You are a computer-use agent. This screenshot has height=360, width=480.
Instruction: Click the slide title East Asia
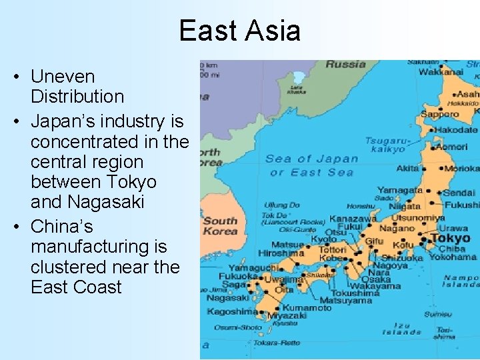pos(239,31)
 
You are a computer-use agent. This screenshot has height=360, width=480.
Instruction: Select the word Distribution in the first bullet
pos(77,97)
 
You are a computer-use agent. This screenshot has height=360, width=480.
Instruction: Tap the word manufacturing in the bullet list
pos(99,247)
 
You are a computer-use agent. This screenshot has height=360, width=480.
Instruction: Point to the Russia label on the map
pos(345,65)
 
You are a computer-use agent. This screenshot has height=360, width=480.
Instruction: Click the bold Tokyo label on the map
pos(450,238)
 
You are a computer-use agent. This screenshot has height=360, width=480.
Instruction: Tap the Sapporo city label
pos(439,114)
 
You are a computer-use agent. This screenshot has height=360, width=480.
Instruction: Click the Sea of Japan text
pos(311,159)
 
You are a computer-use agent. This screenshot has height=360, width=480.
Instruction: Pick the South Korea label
pos(220,226)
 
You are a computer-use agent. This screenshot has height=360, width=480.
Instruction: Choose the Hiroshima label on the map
pos(281,253)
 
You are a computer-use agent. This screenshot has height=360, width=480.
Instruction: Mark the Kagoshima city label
pos(232,311)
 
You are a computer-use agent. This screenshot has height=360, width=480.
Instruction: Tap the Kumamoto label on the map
pos(307,308)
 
